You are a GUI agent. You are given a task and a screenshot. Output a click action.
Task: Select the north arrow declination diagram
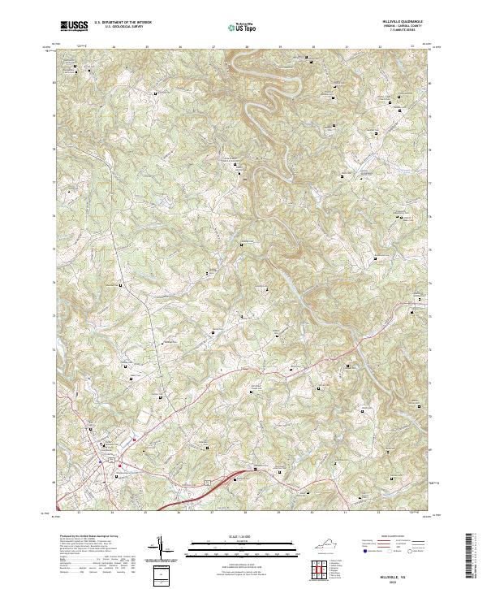coord(162,548)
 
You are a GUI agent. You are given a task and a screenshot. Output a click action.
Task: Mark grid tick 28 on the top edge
coord(247,47)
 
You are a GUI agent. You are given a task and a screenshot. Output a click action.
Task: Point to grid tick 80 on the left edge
coord(55,81)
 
